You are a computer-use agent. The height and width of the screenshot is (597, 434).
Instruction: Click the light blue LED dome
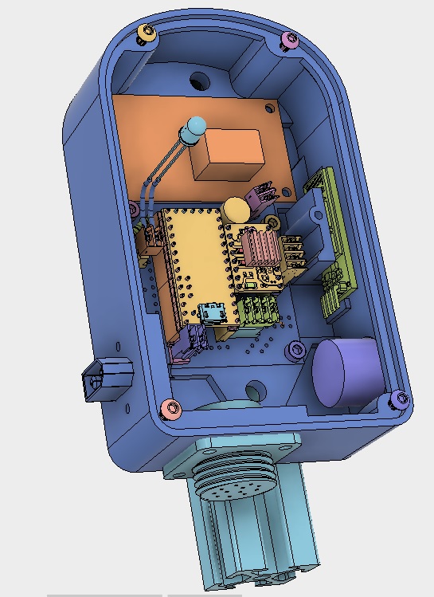coord(194,128)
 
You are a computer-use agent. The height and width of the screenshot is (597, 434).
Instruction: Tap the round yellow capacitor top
coord(235,210)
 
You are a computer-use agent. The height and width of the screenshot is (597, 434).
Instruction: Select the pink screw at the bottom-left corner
coord(170,409)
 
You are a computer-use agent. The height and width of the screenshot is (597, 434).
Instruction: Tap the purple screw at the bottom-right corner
coord(399,399)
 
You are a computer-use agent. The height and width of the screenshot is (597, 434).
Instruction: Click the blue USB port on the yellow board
coord(213,314)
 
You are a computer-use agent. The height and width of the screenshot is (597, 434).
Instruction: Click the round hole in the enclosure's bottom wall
coord(256,391)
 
